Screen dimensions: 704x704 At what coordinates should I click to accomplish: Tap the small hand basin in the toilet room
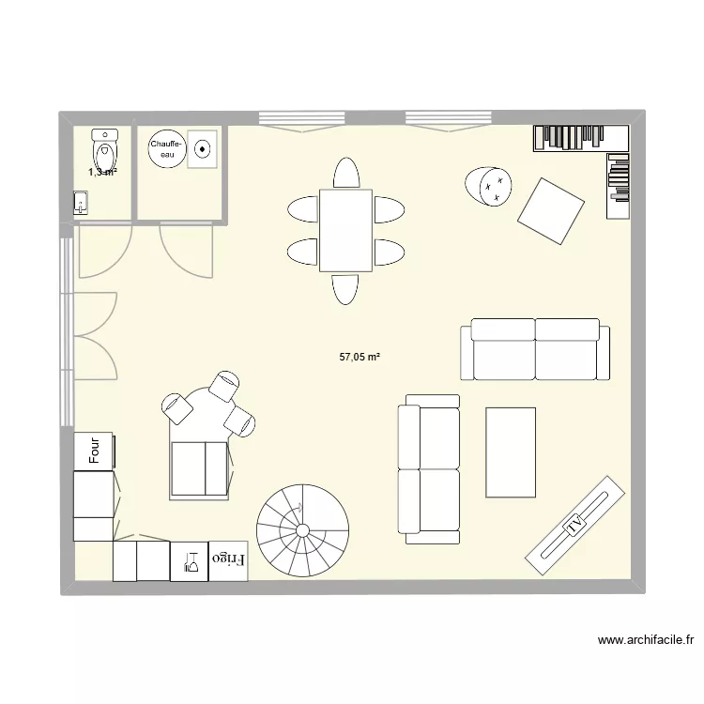81,203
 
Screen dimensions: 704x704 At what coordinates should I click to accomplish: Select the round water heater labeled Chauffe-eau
166,147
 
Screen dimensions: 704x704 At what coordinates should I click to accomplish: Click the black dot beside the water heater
202,147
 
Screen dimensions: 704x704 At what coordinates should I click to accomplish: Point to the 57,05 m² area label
360,357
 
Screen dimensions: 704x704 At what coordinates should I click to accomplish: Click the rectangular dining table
346,229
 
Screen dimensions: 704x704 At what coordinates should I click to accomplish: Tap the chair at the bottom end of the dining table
345,288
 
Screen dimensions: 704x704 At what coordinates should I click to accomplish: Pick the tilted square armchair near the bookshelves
551,211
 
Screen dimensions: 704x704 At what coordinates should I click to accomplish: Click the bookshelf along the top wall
579,138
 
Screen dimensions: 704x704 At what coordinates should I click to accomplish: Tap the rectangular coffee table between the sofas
510,452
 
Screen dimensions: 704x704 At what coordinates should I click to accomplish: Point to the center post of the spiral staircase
303,530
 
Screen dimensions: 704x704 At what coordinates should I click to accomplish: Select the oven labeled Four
94,450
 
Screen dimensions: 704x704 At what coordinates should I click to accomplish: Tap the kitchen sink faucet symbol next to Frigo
191,561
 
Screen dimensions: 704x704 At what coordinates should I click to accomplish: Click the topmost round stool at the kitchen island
225,387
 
